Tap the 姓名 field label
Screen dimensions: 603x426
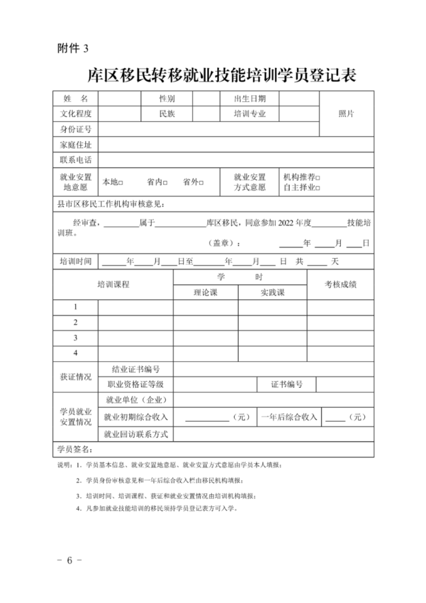(75, 99)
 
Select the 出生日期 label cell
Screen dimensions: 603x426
(250, 99)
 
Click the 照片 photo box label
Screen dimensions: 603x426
(346, 114)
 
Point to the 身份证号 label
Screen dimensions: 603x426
(75, 129)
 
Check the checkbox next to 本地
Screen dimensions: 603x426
(121, 183)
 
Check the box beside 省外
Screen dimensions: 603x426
(201, 183)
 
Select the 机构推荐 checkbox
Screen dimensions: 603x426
(318, 178)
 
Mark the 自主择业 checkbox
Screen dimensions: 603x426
(318, 187)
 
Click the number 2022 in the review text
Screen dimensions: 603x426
(289, 223)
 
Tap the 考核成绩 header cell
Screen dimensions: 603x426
(340, 285)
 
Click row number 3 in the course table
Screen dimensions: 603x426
(75, 338)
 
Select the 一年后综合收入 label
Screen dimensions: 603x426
(289, 417)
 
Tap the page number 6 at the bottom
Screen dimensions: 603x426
(70, 560)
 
